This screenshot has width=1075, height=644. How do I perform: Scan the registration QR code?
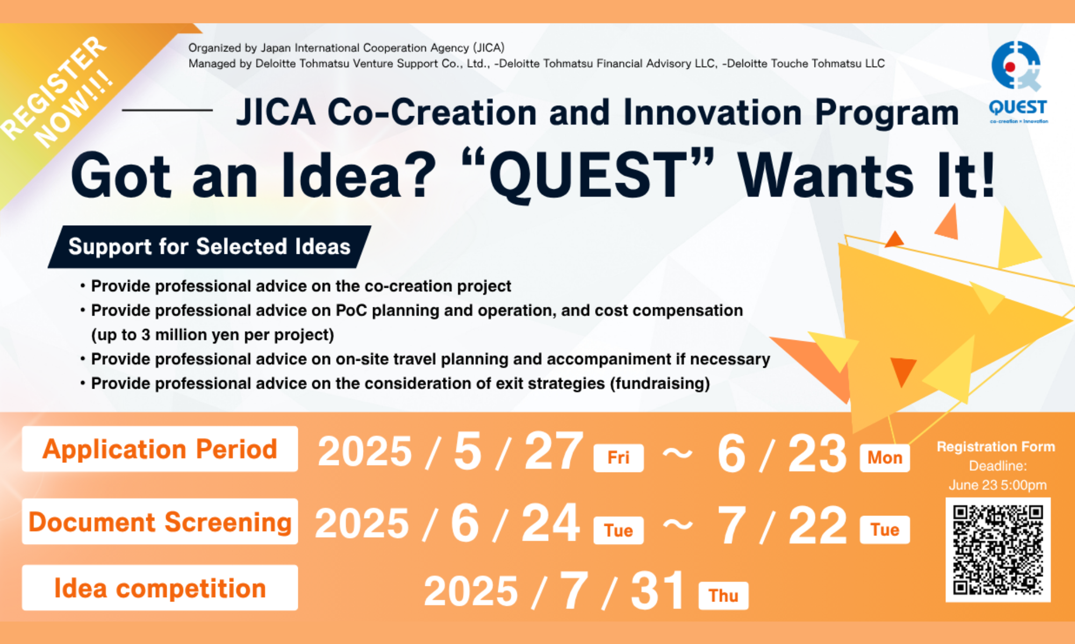coord(998,549)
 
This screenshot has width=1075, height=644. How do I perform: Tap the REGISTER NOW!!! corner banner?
coord(59,91)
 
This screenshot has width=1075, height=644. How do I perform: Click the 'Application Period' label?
coord(160,449)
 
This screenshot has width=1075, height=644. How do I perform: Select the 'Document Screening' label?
coord(160,521)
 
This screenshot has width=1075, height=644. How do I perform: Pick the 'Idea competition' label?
coord(160,588)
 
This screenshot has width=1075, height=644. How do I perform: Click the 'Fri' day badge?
coord(618,458)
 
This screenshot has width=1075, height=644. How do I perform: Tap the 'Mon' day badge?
coord(885,458)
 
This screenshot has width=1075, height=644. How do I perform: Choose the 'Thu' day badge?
coord(723,596)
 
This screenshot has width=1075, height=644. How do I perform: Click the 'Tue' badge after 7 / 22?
coord(885,530)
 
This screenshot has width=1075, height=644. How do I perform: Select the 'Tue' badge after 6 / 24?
coord(618,531)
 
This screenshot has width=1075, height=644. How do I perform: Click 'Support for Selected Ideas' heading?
coord(210,247)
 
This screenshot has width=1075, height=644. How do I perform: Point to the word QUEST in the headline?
coord(589,175)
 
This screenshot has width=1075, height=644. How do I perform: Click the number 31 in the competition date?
coord(658,590)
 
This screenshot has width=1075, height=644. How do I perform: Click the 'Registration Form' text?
coord(996,447)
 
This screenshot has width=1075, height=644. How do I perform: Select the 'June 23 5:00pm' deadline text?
coord(998,485)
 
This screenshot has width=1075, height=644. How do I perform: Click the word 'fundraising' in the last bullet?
coord(660,384)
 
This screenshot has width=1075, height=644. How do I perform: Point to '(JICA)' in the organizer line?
coord(489,48)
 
